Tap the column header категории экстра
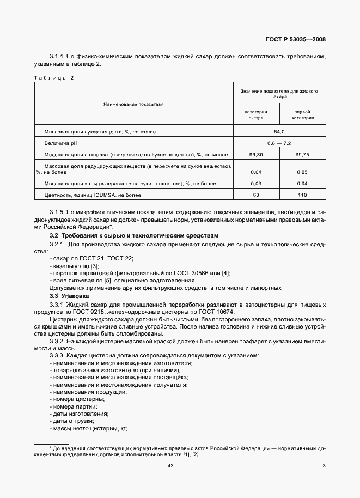click(256, 114)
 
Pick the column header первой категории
click(302, 114)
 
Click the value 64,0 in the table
click(279, 132)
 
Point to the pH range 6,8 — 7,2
click(279, 143)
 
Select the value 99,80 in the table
click(256, 155)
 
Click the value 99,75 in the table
click(302, 155)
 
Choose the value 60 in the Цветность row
click(256, 195)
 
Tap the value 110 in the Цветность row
click(302, 195)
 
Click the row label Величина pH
click(61, 143)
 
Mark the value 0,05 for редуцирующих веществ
click(302, 172)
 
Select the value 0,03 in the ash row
click(256, 183)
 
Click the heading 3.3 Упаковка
click(69, 296)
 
